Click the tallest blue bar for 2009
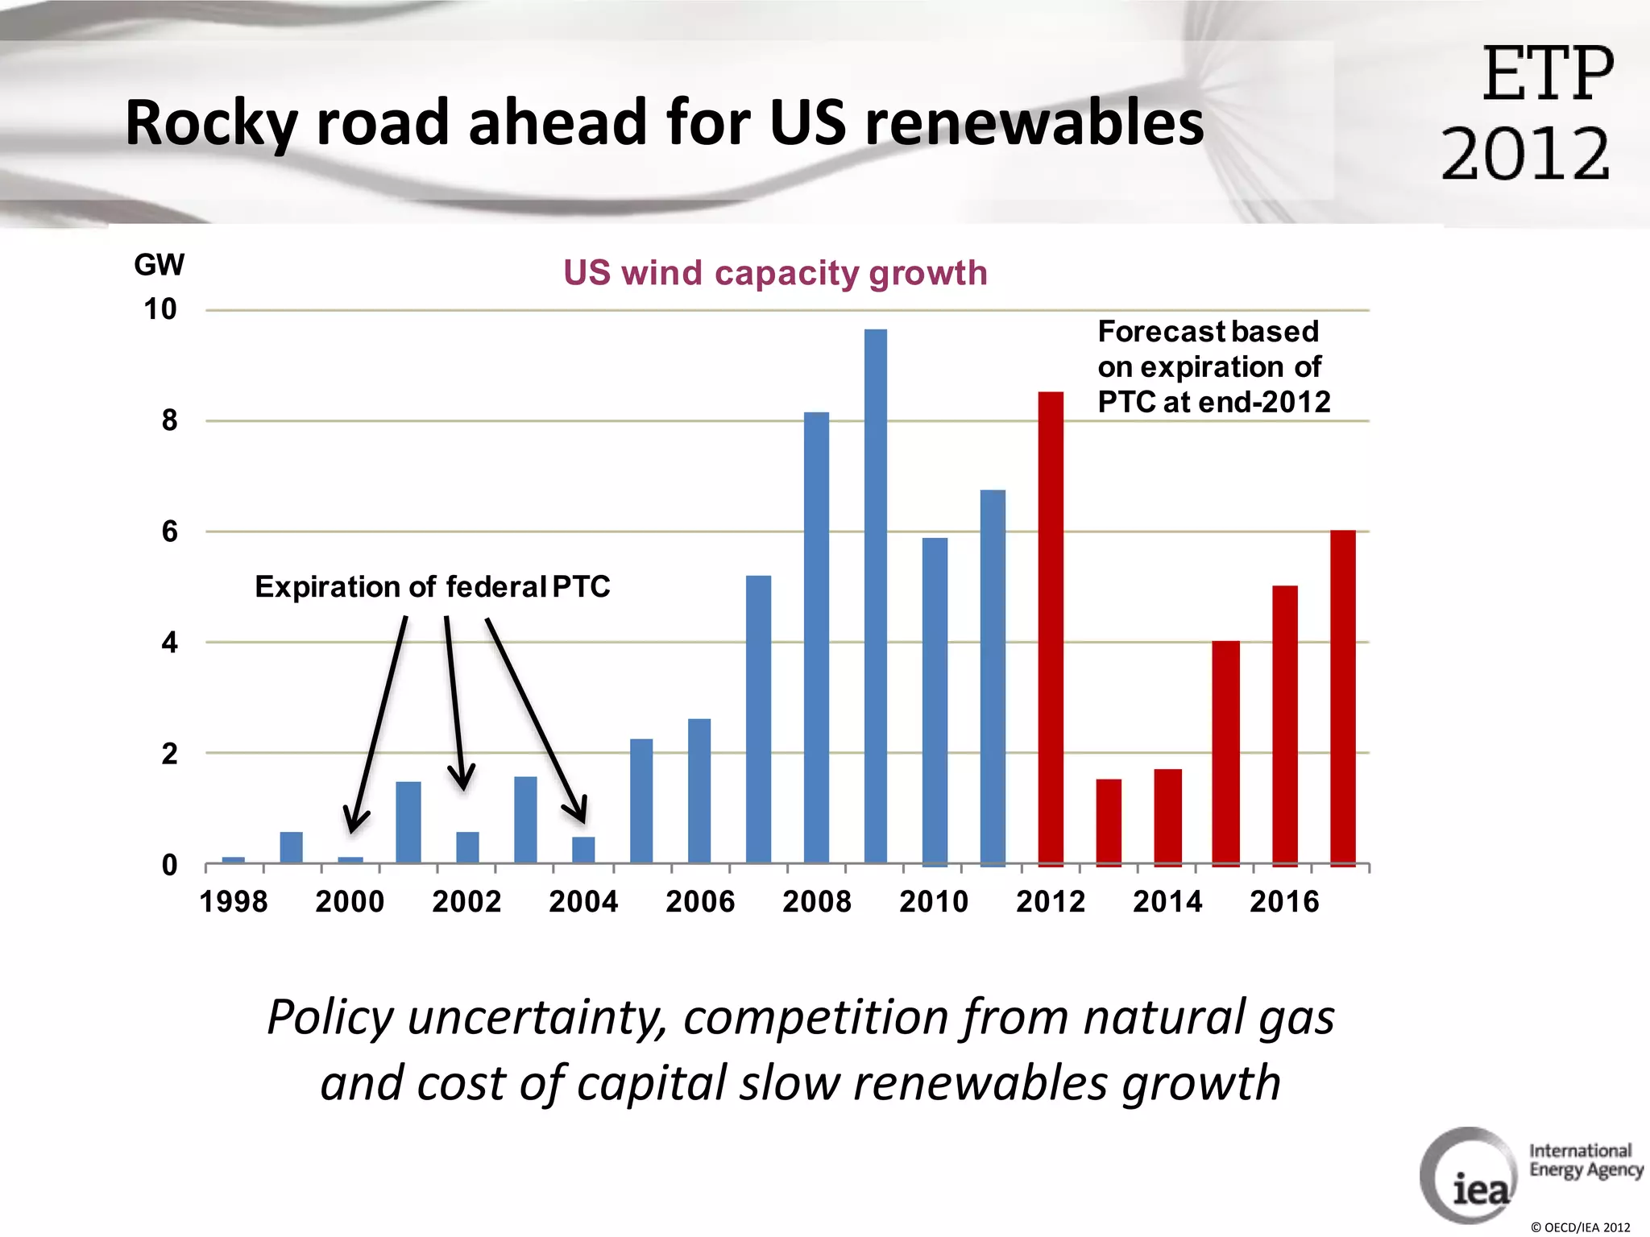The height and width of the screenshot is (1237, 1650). point(876,596)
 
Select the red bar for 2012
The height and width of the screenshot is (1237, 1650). point(1051,628)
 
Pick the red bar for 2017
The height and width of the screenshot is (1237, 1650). point(1342,697)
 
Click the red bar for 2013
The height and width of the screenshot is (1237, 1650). point(1109,821)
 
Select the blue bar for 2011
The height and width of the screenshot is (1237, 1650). point(993,676)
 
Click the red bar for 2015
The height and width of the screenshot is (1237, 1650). point(1225,753)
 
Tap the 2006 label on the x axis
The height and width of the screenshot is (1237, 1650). point(700,901)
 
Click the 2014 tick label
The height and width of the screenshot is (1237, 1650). point(1167,901)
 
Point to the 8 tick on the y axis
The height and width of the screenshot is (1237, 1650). point(169,420)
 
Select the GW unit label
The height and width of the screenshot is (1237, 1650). point(159,265)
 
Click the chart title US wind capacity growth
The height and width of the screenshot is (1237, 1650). point(775,273)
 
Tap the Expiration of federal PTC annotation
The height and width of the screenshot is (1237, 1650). point(433,587)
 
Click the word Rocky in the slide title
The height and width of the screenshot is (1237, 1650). point(211,123)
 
